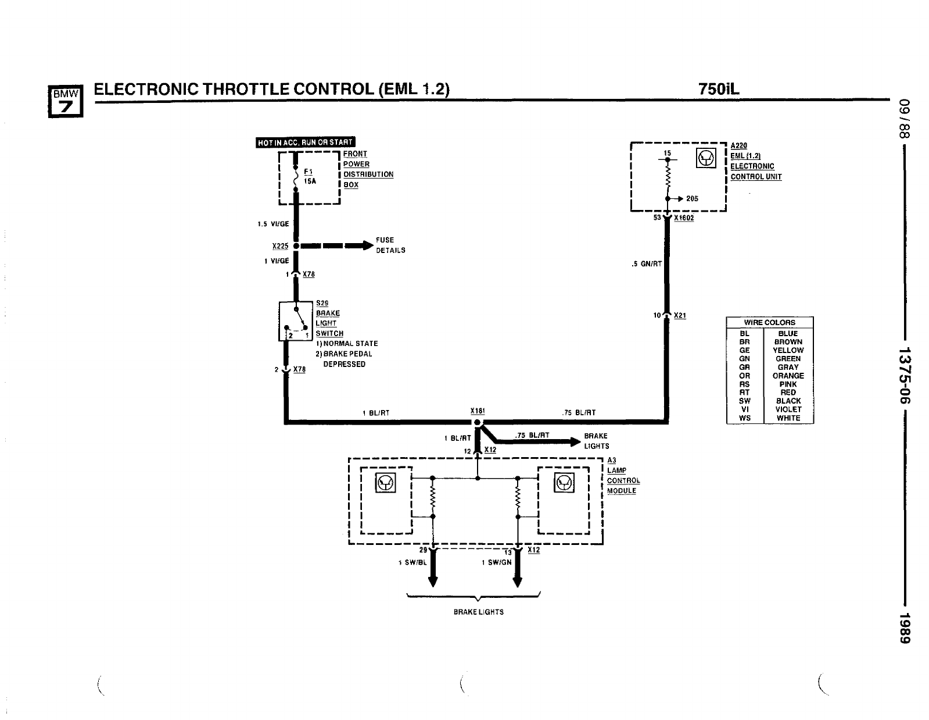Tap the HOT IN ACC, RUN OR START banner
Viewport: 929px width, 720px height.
point(305,143)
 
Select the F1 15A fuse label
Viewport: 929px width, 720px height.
point(309,177)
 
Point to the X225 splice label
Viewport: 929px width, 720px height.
point(281,246)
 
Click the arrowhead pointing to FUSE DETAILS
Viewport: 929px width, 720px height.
point(368,245)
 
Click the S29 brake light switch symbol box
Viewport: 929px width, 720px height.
point(296,321)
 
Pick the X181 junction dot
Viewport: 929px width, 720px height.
point(477,422)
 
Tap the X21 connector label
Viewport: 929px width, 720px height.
point(680,316)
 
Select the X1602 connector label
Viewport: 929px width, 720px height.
point(684,218)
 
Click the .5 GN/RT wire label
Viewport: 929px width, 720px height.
point(647,264)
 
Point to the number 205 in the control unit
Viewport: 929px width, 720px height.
point(692,198)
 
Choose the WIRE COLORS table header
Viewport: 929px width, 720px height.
point(769,322)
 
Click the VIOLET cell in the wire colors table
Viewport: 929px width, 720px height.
point(788,409)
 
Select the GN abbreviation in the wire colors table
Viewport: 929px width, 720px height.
point(744,359)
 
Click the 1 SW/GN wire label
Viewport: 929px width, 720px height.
point(497,562)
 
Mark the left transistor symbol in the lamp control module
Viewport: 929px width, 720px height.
point(386,483)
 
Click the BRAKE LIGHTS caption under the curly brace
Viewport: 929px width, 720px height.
point(478,612)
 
